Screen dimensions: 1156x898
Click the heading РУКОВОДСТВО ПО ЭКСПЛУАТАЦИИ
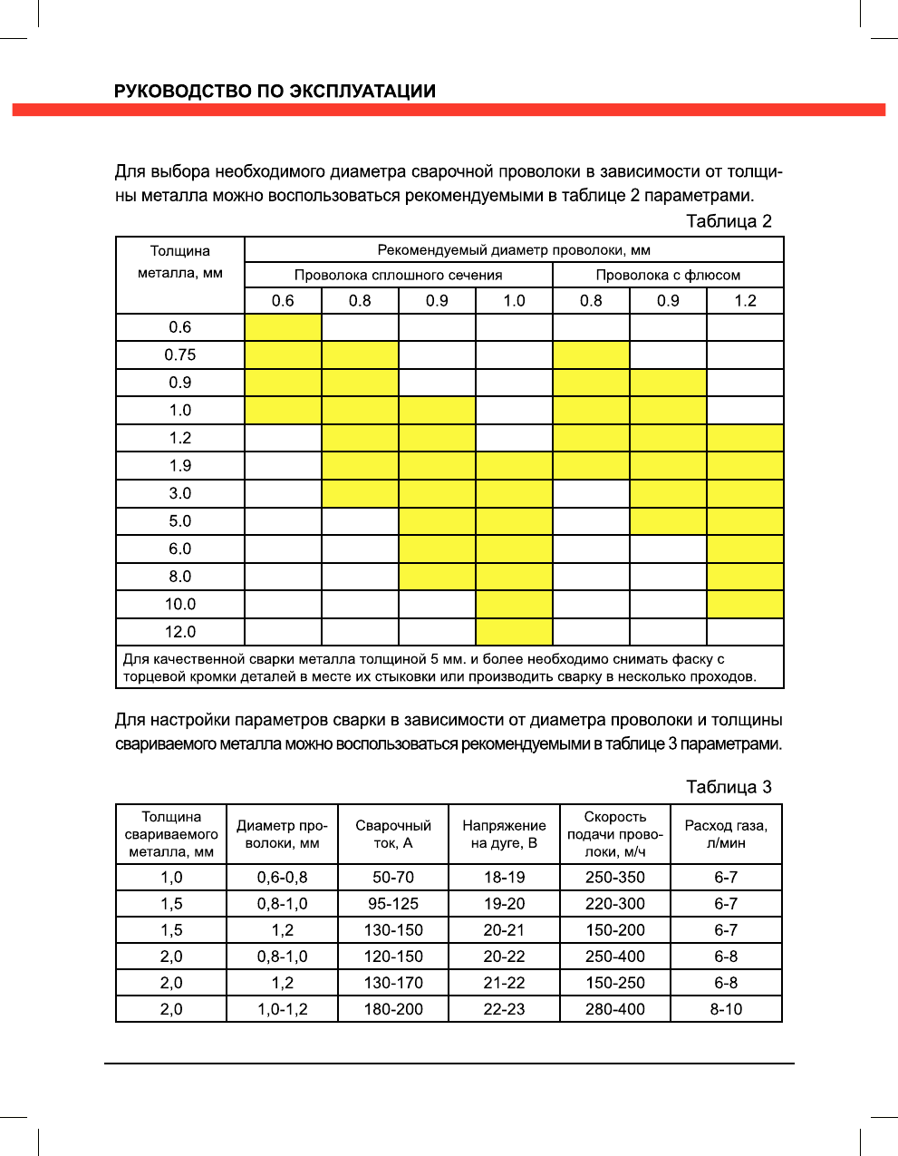point(275,91)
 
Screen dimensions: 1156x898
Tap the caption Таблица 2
point(729,221)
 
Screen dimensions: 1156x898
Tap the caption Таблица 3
point(729,787)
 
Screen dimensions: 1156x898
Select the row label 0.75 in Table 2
point(180,355)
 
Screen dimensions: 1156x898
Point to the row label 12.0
point(180,632)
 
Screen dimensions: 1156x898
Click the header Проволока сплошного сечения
point(398,275)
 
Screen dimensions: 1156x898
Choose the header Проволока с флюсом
point(668,275)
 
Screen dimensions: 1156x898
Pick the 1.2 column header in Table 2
point(745,301)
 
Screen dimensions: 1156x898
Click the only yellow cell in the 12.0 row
point(514,632)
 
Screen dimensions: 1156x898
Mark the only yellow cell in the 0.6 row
point(283,327)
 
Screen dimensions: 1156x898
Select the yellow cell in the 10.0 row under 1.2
point(745,604)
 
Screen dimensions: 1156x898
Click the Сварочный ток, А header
point(393,834)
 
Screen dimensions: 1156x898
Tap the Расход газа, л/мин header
point(726,834)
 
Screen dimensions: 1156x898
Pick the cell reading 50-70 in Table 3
point(393,878)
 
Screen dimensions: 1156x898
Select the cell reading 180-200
point(393,1009)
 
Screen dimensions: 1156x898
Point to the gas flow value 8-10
point(726,1009)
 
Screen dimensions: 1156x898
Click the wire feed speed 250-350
point(615,878)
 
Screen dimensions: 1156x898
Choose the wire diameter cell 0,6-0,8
point(282,878)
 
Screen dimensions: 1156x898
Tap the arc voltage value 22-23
point(504,1009)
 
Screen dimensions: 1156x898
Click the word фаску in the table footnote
point(692,659)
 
